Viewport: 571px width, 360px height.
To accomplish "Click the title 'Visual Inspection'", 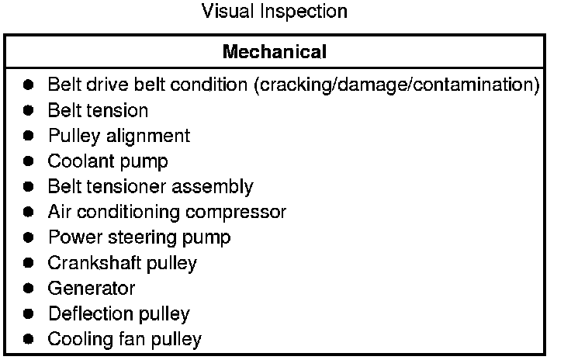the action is pos(274,12).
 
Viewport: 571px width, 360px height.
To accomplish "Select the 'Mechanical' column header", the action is pos(274,52).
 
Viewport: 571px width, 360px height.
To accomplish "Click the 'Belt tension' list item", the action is pos(98,110).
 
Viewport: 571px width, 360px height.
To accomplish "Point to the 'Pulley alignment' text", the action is pos(119,136).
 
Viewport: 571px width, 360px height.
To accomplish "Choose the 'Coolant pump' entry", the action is pos(108,161).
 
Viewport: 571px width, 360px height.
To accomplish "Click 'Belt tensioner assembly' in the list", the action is pos(151,186).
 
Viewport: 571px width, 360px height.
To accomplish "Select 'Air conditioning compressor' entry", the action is pos(167,212).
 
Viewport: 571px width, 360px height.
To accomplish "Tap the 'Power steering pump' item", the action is pos(139,237).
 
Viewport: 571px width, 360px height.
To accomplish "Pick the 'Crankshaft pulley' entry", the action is pos(123,263).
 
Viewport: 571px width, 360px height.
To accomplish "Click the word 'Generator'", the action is pos(92,289).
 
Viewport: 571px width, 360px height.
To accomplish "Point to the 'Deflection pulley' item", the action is pos(119,314).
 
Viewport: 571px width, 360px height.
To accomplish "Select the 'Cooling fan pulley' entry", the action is pos(125,339).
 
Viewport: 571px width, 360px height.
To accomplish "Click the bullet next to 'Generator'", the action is pos(29,289).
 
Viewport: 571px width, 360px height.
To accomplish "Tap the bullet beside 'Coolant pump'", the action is pos(29,161).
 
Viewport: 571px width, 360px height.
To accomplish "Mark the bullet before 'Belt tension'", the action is pos(29,110).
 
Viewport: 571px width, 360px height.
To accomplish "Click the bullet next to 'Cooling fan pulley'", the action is pos(29,339).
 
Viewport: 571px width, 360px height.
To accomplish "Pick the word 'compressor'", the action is pos(242,212).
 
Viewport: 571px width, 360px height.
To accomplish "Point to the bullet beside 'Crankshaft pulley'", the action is pos(29,263).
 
